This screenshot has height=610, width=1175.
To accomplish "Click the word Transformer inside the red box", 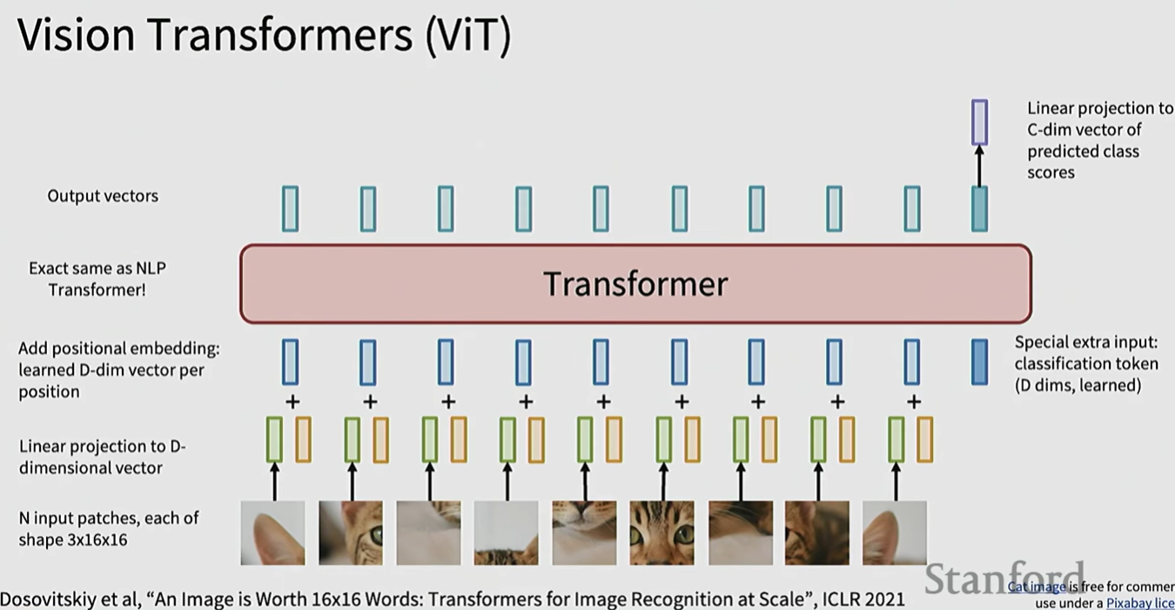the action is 635,284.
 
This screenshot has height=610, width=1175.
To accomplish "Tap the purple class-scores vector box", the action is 979,122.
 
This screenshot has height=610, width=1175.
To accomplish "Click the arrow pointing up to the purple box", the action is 979,165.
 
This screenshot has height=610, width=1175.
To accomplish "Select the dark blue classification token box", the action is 979,362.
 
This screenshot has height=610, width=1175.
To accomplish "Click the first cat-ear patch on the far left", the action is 272,533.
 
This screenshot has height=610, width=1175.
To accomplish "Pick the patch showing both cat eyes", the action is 661,533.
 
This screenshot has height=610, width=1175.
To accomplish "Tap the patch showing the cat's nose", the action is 584,533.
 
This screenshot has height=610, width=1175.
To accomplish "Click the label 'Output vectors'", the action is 103,196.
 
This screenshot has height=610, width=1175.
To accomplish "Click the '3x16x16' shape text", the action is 73,540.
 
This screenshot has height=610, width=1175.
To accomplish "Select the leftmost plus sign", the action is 292,401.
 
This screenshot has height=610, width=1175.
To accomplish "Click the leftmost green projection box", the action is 274,439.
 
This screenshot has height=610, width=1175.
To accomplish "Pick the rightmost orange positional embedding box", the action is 924,439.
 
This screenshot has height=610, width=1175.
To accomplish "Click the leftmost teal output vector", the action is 290,209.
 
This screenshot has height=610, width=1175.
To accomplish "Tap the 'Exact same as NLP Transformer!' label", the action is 97,278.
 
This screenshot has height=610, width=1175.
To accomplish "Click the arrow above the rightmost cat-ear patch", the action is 896,481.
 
